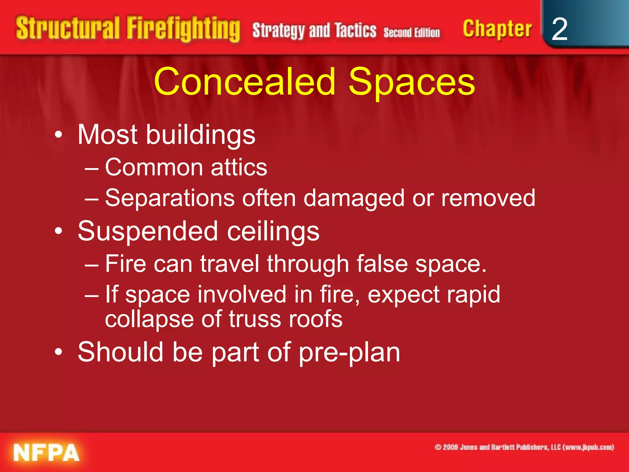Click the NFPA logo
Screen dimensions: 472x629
pyautogui.click(x=46, y=453)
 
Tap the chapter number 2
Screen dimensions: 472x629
pyautogui.click(x=559, y=29)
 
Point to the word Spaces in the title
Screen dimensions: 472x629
pyautogui.click(x=412, y=82)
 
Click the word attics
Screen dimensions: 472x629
pyautogui.click(x=239, y=167)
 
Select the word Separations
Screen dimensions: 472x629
pyautogui.click(x=170, y=198)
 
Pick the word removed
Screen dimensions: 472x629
pyautogui.click(x=488, y=198)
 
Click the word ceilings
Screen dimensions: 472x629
pyautogui.click(x=273, y=231)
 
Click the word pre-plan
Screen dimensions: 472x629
pyautogui.click(x=349, y=352)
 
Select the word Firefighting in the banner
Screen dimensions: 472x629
pyautogui.click(x=183, y=29)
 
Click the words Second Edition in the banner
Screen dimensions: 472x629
pyautogui.click(x=412, y=32)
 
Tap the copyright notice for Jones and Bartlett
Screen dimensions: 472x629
pyautogui.click(x=524, y=447)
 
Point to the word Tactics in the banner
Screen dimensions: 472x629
pyautogui.click(x=356, y=30)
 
